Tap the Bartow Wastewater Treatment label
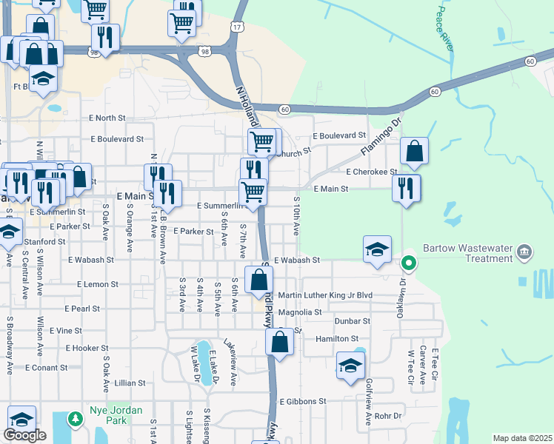[x=467, y=254]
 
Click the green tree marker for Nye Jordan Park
[x=75, y=420]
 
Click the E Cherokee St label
[x=372, y=172]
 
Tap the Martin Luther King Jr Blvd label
[x=324, y=295]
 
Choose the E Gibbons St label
[x=303, y=401]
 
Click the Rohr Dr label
[x=387, y=416]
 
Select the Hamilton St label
[x=337, y=338]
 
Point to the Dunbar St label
[x=352, y=321]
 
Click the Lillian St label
[x=130, y=383]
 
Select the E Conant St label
[x=46, y=367]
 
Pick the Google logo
[x=24, y=435]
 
